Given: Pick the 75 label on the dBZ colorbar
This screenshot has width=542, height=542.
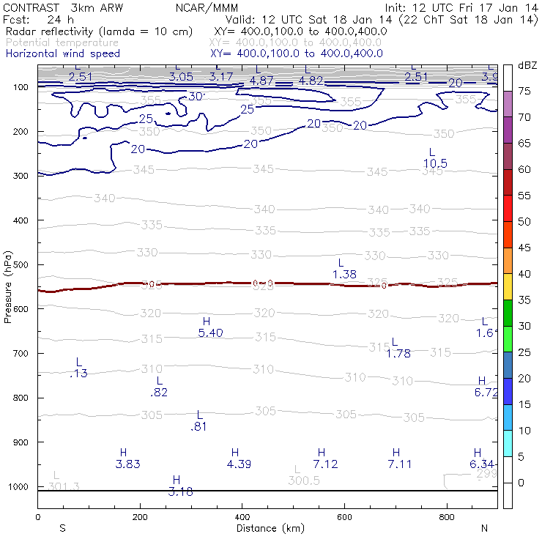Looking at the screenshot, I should coord(524,92).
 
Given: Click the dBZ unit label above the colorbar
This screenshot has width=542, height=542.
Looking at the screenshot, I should coord(527,65).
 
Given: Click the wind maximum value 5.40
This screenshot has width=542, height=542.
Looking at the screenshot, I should coord(210,333).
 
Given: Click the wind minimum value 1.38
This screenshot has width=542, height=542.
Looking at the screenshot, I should coord(344,274).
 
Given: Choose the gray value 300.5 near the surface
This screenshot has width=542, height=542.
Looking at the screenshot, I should coord(304,481).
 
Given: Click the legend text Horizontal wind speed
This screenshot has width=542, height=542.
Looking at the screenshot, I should coord(63,53).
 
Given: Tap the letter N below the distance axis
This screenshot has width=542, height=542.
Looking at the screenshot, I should coord(484,528).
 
